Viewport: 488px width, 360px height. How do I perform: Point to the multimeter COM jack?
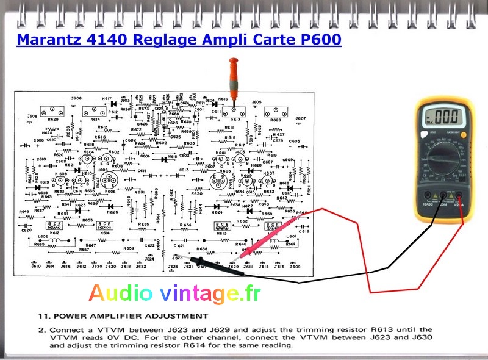(x=443, y=196)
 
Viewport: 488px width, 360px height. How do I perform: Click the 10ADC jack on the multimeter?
(x=427, y=196)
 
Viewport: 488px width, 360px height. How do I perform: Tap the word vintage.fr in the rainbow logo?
(x=210, y=294)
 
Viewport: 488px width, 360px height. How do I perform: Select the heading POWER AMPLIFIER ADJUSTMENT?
(x=127, y=316)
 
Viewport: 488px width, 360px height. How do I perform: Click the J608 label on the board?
(x=32, y=115)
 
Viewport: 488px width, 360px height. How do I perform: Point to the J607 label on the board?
(x=300, y=118)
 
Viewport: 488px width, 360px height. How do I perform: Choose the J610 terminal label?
(x=35, y=267)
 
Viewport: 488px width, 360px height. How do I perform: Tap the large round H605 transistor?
(x=219, y=181)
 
